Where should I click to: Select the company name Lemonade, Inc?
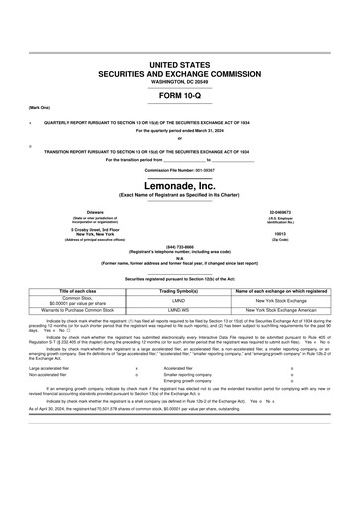[x=180, y=185]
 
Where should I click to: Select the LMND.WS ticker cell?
[x=180, y=310]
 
